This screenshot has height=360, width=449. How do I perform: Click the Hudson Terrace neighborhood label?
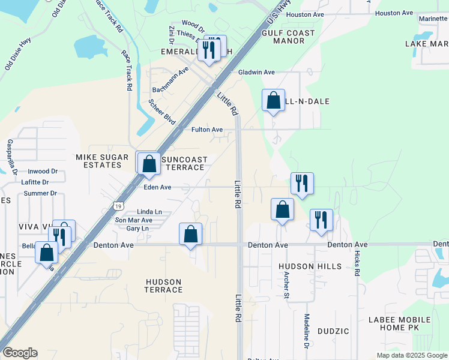pos(164,286)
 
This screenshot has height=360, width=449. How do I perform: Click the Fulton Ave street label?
pos(207,130)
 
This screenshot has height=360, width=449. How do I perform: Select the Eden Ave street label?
pos(157,187)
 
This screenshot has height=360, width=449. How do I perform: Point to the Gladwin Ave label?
pos(256,72)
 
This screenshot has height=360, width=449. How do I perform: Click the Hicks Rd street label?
pos(357,262)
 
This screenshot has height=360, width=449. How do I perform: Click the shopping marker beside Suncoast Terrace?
pos(149,163)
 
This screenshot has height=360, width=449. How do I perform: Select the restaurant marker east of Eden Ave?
pos(301,184)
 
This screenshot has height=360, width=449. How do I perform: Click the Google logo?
pos(20,353)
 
